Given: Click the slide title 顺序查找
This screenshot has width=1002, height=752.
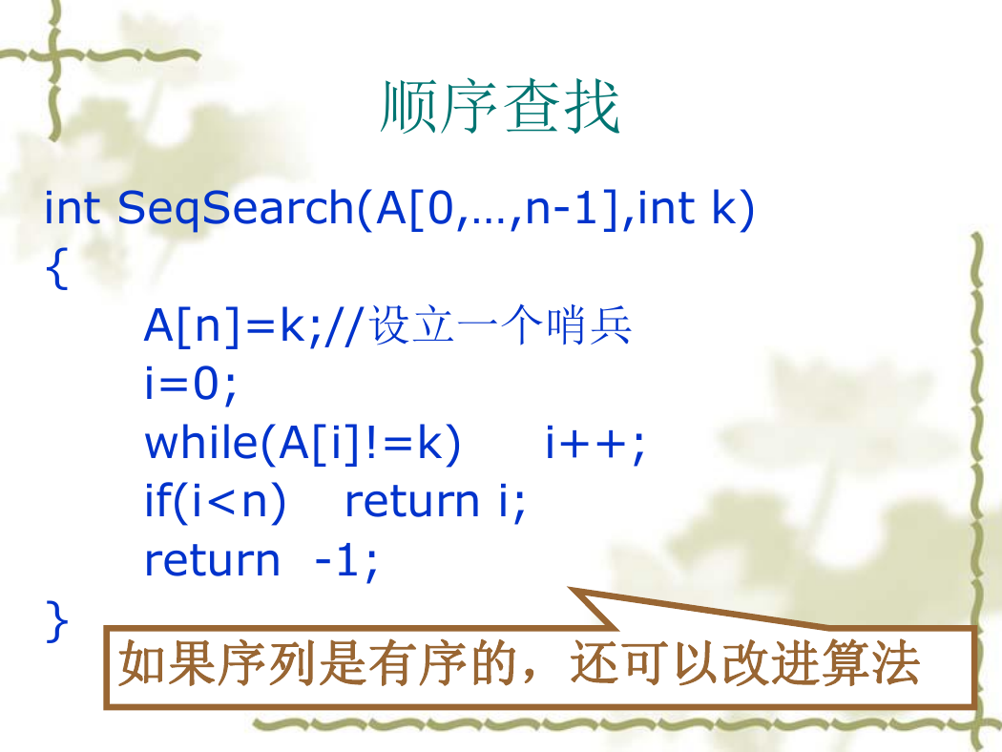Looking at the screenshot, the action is [500, 107].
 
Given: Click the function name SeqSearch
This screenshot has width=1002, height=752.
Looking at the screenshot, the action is [235, 208].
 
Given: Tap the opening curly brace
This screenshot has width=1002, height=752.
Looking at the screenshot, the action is [57, 269].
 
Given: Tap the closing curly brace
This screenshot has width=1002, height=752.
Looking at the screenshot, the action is [57, 620].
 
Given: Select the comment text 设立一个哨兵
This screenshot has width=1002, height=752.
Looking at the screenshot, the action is [500, 325].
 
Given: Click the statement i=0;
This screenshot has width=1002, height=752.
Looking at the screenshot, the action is [191, 384].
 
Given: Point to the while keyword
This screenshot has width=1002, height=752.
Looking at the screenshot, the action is [201, 442].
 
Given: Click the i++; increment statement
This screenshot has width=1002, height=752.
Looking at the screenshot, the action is [595, 444].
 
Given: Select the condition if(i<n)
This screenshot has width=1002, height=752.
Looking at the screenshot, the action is [216, 502].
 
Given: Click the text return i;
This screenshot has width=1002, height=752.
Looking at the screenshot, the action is [434, 502].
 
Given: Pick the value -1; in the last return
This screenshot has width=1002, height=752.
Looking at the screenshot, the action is [346, 561].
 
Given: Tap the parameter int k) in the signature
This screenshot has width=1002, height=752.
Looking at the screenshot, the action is [696, 209].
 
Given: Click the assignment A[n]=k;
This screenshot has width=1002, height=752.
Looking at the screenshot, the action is [232, 325].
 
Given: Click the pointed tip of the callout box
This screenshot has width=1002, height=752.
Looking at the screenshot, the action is [569, 588].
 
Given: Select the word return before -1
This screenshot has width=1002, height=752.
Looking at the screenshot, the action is [212, 561].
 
